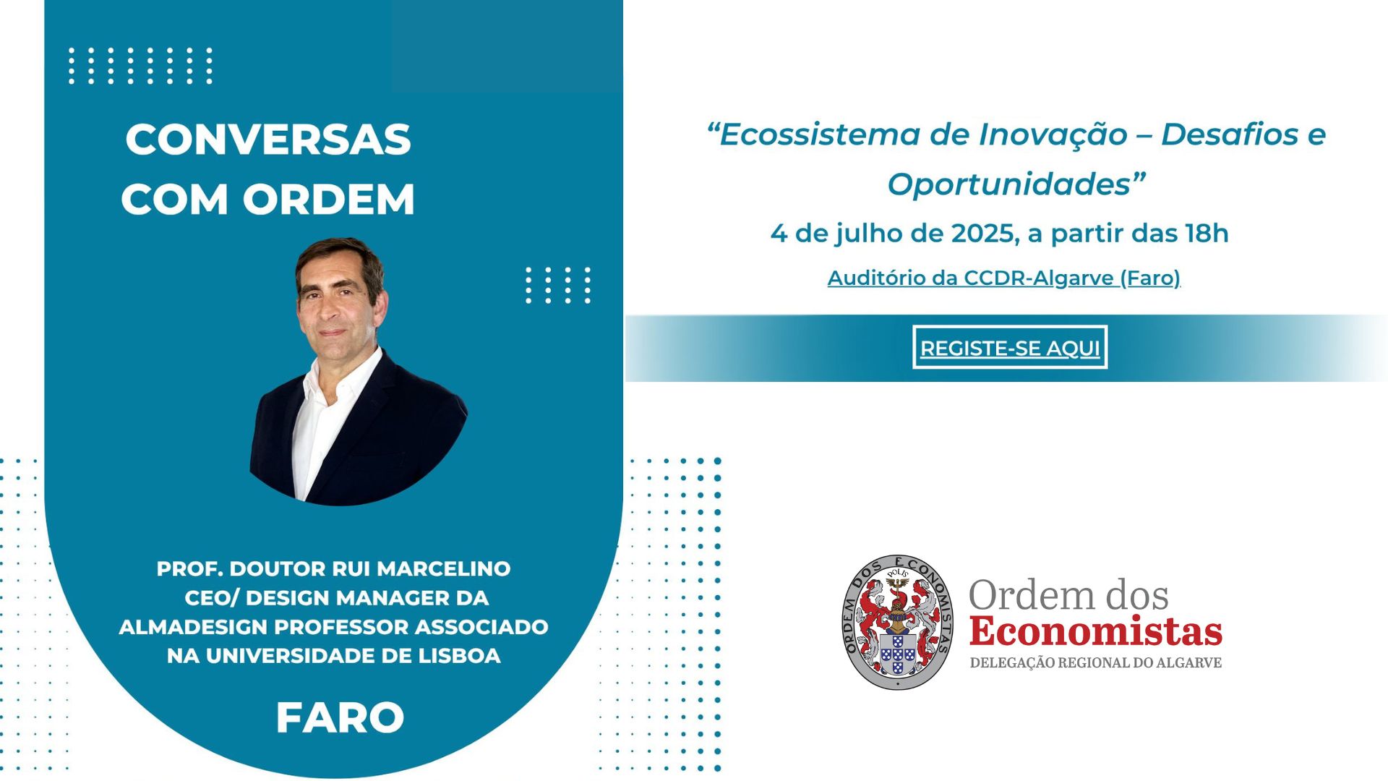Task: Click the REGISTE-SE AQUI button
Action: pos(1010,347)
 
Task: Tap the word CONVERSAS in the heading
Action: pos(268,139)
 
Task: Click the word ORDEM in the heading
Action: pos(329,199)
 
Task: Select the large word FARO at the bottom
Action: pos(340,718)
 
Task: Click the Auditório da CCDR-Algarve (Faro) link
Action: pos(1004,278)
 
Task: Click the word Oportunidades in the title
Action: pos(1008,184)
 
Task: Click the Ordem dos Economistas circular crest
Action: pos(897,622)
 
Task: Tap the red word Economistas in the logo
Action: pos(1095,631)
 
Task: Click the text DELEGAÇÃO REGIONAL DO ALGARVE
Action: pos(1095,662)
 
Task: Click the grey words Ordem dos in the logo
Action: pos(1068,596)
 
